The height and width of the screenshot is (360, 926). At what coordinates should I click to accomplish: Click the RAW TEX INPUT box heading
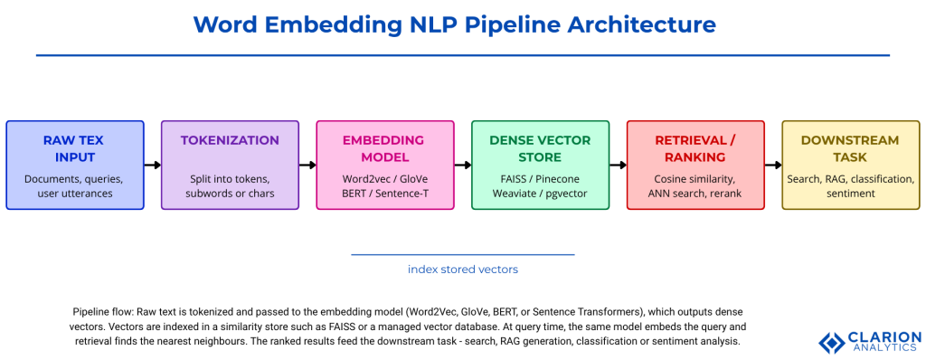coord(75,148)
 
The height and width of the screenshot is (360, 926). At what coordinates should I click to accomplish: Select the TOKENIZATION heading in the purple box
coord(230,140)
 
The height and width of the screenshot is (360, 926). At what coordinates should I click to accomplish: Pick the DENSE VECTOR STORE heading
coord(540,148)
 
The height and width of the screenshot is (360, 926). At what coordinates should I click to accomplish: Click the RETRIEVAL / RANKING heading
coord(695,148)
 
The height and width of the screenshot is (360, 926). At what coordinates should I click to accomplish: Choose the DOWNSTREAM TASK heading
coord(850,148)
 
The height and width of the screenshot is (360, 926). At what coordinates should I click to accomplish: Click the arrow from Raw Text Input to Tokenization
coord(153,166)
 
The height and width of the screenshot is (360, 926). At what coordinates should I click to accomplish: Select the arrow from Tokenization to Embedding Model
coord(307,166)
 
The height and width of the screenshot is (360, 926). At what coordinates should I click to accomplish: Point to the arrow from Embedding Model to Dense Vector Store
coord(463,166)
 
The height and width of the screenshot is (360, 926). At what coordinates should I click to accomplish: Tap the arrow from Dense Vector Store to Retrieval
coord(619,166)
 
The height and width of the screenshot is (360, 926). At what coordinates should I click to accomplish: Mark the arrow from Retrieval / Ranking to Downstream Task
coord(773,166)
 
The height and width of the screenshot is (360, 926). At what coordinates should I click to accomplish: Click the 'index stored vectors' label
coord(463,269)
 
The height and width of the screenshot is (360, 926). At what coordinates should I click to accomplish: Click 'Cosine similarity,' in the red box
coord(695,179)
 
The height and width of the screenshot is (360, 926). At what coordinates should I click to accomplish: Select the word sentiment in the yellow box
coord(850,193)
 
